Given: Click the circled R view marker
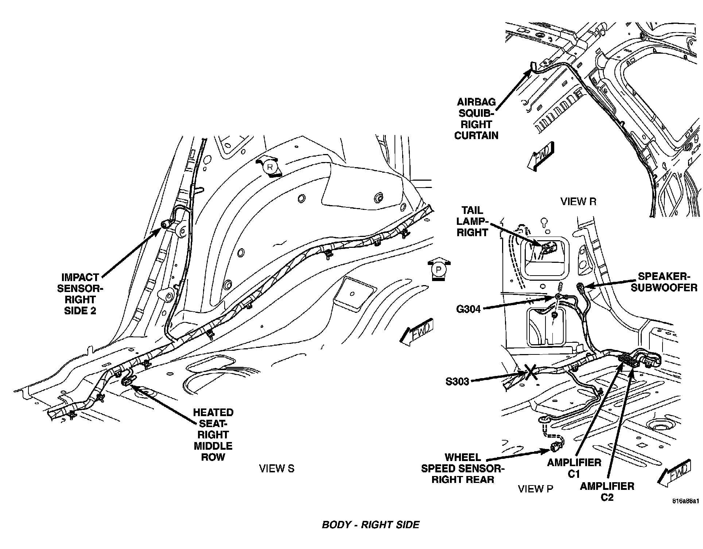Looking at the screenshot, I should click(x=270, y=167).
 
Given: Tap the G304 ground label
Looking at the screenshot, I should click(x=468, y=309).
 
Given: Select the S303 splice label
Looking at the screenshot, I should click(x=457, y=382).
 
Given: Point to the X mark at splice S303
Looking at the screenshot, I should click(x=531, y=372).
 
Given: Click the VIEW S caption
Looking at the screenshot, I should click(x=276, y=468).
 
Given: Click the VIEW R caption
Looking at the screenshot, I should click(x=578, y=201).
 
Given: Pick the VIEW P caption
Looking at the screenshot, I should click(x=536, y=489).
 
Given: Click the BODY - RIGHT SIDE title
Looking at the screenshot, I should click(x=370, y=525).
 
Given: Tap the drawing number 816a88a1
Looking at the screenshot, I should click(x=686, y=501).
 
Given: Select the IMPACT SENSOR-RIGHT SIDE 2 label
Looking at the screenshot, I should click(x=80, y=294).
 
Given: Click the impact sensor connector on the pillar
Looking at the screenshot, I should click(x=166, y=224).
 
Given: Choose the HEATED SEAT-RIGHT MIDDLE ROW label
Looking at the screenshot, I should click(x=213, y=434).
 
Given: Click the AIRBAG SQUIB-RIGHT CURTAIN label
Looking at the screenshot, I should click(x=476, y=119).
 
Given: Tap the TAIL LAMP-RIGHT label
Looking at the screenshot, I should click(x=472, y=221).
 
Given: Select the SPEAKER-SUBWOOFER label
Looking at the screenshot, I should click(x=664, y=282).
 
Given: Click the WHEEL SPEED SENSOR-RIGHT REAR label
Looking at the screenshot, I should click(x=463, y=468).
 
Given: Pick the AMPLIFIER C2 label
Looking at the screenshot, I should click(x=607, y=491).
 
